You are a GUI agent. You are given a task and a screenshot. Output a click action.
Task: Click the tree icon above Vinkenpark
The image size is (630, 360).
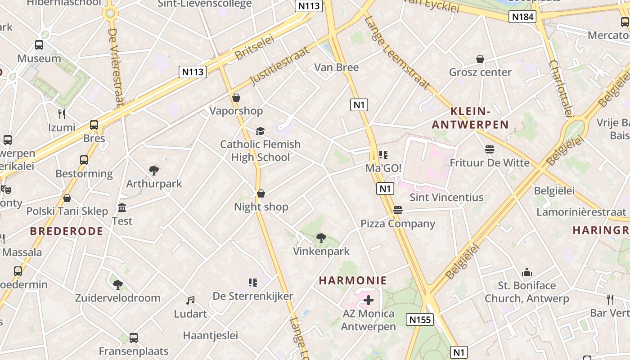[321, 238]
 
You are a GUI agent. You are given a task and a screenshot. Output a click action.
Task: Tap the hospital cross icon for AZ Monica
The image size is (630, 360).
[369, 300]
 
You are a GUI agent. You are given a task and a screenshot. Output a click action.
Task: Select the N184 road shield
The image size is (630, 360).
[523, 17]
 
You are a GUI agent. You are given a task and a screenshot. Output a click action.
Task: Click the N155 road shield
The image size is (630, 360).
[419, 319]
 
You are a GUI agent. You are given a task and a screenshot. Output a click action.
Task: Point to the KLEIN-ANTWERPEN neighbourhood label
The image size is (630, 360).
[470, 118]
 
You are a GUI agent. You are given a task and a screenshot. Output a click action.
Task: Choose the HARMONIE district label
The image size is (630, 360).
[353, 281]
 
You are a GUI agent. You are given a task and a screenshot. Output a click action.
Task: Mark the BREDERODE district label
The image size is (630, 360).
[67, 231]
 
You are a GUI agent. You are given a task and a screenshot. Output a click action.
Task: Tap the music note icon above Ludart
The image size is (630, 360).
[191, 300]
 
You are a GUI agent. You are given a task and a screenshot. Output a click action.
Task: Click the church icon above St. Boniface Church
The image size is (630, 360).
[526, 272]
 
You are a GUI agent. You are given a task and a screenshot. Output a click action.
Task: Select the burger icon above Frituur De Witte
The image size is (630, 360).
[490, 149]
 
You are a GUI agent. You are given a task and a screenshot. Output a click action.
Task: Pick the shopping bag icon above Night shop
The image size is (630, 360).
[261, 193]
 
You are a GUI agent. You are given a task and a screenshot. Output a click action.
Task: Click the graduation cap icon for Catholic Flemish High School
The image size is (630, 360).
[260, 131]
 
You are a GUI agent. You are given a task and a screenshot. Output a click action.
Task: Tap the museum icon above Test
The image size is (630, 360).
[122, 207]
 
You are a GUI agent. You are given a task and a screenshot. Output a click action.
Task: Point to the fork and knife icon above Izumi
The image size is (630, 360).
[62, 114]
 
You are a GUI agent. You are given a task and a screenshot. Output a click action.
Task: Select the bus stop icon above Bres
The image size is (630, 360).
[94, 125]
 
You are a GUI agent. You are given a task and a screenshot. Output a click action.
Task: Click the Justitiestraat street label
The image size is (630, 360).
[280, 66]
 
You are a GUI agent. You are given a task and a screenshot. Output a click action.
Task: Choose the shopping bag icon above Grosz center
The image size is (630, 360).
[480, 59]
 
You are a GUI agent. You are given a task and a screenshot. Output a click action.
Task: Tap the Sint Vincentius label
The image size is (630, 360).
[446, 197]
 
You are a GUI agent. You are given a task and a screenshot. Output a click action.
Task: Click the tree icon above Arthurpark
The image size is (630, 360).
[154, 170]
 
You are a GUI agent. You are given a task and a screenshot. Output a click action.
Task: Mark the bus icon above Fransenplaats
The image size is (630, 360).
[134, 337]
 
